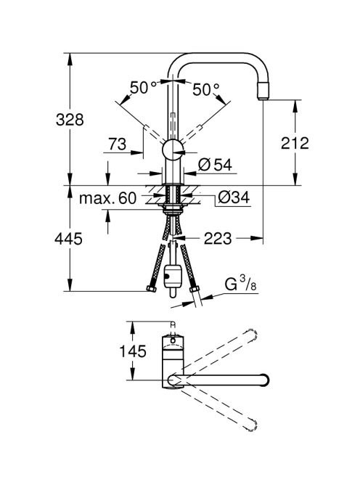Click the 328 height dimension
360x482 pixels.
(70, 119)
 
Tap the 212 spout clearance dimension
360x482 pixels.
(295, 143)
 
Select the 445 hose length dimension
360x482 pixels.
(68, 239)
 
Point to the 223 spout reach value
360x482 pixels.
(218, 238)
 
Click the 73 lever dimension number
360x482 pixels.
(117, 144)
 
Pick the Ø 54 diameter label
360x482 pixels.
(215, 165)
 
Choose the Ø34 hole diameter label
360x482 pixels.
(234, 197)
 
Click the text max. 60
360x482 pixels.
(107, 198)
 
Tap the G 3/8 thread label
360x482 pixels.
(240, 284)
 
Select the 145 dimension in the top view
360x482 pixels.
(133, 351)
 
